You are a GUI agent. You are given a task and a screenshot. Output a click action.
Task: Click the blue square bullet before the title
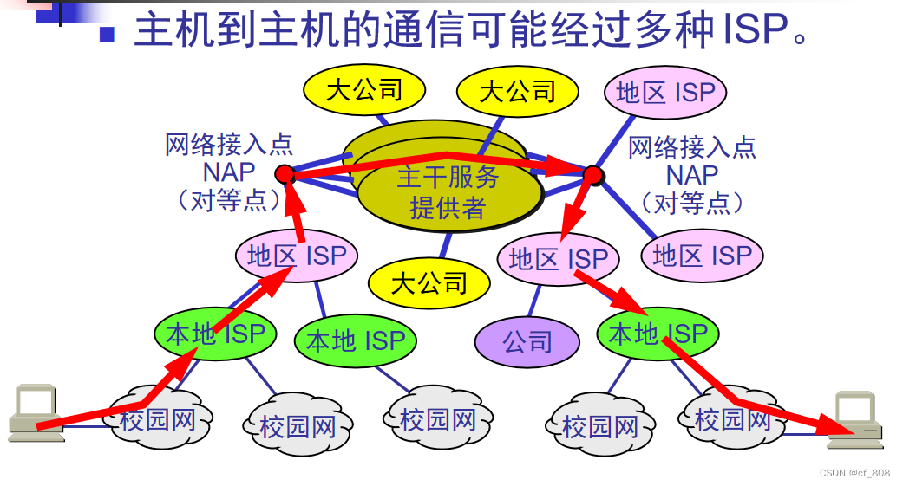107,34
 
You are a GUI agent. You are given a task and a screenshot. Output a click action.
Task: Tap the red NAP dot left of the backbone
285,174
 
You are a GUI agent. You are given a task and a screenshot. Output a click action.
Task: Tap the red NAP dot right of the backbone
593,176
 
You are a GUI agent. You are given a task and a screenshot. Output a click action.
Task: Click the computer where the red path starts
36,413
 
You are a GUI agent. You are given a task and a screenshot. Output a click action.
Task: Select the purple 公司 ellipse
527,341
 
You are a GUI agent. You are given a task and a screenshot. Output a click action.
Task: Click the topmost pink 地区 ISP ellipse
665,93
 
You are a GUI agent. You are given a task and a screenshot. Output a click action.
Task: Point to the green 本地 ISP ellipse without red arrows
356,340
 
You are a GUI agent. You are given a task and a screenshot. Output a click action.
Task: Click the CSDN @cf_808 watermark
854,473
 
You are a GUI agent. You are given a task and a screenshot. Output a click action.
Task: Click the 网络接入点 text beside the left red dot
229,145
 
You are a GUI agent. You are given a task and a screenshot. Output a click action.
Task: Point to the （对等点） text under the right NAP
692,203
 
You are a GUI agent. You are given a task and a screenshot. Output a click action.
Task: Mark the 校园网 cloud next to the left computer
157,422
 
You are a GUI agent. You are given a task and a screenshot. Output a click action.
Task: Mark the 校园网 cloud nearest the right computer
733,419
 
